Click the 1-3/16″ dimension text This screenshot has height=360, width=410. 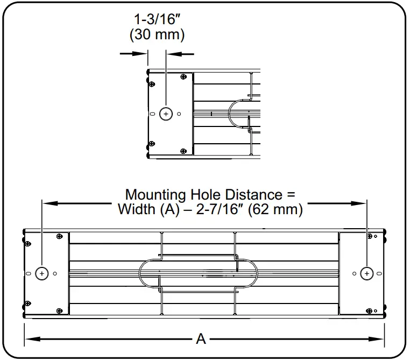[157, 20]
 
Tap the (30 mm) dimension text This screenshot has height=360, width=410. [157, 35]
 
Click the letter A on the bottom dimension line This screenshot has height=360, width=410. [201, 338]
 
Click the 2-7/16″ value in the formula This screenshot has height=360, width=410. [211, 209]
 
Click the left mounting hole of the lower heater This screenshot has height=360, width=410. [42, 273]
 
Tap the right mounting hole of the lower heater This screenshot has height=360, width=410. [366, 273]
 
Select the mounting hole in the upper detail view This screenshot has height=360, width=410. [166, 114]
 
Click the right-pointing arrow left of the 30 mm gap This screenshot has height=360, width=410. [142, 53]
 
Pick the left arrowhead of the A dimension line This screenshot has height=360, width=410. [29, 338]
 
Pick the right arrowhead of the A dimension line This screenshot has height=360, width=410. [379, 338]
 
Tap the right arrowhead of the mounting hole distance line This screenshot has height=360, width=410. [361, 203]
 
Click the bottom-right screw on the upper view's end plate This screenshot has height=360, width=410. [184, 151]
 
